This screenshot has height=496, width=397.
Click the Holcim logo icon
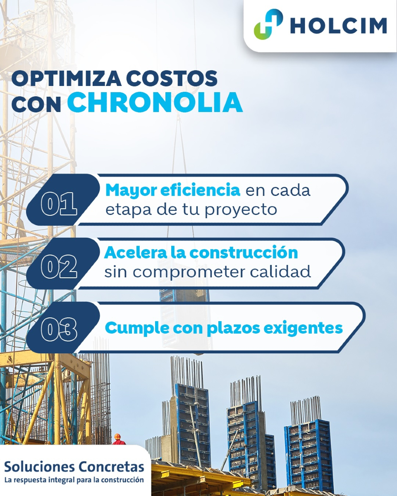point(268,25)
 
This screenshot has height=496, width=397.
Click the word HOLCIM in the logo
point(338,26)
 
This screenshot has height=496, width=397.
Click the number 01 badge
point(59,204)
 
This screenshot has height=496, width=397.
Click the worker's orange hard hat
point(117,436)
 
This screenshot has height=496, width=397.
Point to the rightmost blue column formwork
point(308,455)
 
